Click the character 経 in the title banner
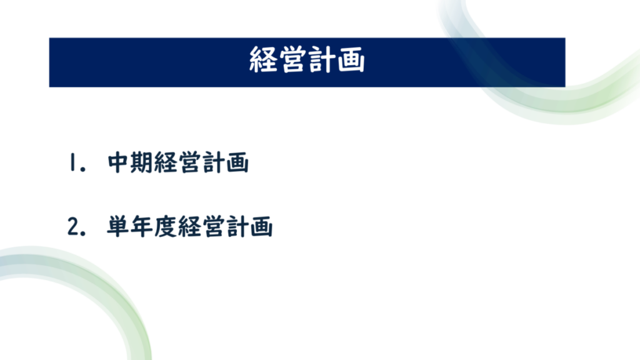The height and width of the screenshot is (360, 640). [x=263, y=59]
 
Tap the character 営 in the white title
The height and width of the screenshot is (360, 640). [x=292, y=59]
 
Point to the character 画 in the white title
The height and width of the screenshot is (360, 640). [x=351, y=59]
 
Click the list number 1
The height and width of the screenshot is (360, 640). [x=72, y=162]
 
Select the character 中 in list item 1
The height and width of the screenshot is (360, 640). [x=118, y=162]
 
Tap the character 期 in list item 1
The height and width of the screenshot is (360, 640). [x=142, y=162]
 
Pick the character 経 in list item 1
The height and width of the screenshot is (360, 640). [x=166, y=162]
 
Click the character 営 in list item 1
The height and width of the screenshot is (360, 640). [x=189, y=162]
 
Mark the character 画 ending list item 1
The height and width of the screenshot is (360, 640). [x=237, y=162]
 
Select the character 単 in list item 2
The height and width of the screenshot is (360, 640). [x=118, y=226]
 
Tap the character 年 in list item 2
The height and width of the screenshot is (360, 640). [x=142, y=226]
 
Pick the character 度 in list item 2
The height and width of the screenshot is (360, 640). [x=165, y=226]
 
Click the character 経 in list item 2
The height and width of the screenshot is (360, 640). [x=189, y=226]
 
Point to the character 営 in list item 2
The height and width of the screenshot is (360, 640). [x=214, y=226]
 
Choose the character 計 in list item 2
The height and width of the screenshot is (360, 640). [x=237, y=226]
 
